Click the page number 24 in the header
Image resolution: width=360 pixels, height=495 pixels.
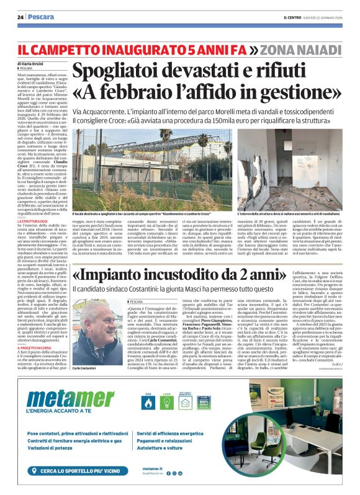point(20,17)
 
